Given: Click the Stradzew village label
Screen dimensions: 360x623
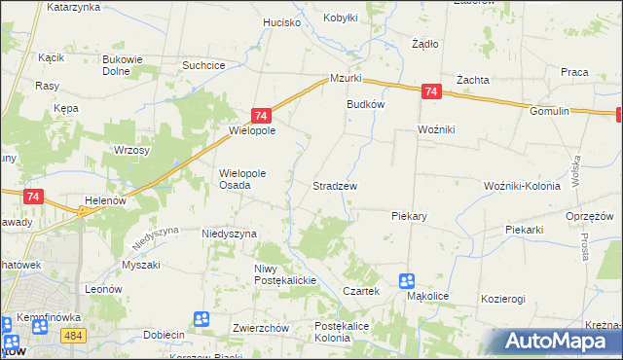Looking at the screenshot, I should (x=335, y=185).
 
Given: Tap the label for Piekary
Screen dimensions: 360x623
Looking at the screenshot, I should (x=411, y=216).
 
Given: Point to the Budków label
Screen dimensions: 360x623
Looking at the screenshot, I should (x=366, y=105).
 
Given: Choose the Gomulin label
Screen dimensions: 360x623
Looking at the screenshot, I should (x=549, y=112).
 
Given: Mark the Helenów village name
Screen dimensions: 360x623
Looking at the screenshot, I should (x=107, y=200).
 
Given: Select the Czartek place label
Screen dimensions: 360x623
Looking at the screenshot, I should (x=360, y=291).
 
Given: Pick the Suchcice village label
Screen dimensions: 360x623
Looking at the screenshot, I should (x=204, y=65).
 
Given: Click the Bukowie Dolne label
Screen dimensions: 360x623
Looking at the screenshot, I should (x=125, y=65).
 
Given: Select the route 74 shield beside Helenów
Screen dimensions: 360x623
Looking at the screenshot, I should (x=34, y=197).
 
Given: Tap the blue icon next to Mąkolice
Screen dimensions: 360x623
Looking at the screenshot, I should (x=407, y=281).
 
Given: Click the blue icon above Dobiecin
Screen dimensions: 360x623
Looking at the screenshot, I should (x=202, y=318).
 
